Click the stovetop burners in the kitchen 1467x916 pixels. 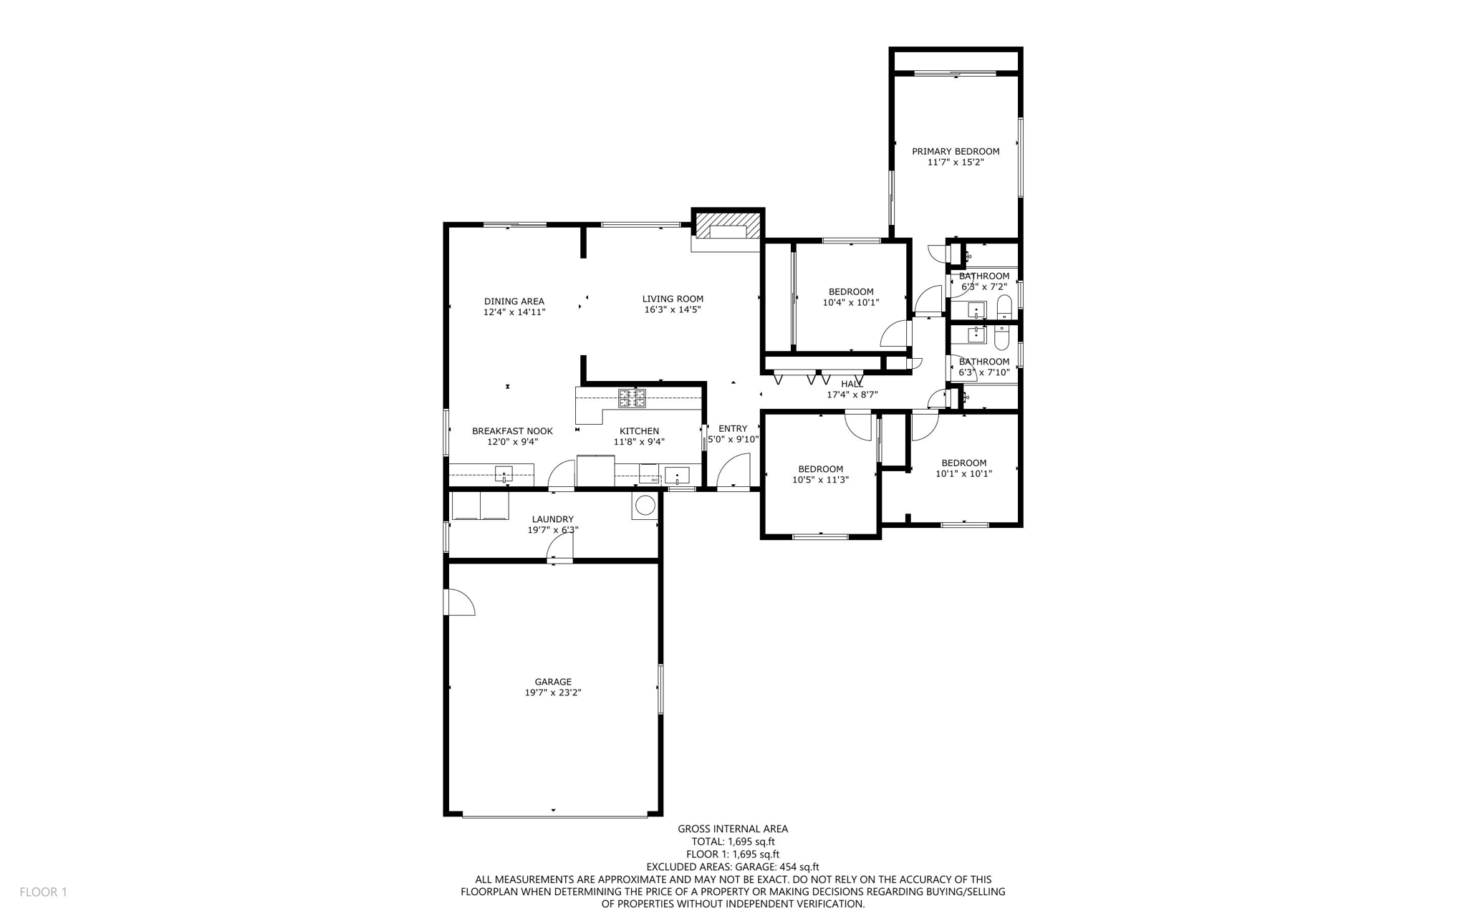[632, 398]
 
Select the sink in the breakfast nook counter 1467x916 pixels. [504, 473]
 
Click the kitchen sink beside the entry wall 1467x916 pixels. [677, 476]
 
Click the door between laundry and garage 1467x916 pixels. [559, 549]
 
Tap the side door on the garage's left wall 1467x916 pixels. [459, 602]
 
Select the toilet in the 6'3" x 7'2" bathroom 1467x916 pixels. [1004, 307]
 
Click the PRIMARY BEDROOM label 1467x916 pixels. [956, 151]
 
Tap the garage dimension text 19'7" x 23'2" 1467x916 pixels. [553, 693]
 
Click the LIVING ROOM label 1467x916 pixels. [673, 299]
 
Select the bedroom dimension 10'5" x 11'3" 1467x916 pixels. [820, 480]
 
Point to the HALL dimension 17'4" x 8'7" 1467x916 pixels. [852, 395]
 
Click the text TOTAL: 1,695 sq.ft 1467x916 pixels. [733, 842]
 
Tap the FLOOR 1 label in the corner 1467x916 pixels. [43, 892]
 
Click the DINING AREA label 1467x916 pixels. [514, 302]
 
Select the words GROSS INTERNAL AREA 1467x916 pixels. [733, 829]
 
